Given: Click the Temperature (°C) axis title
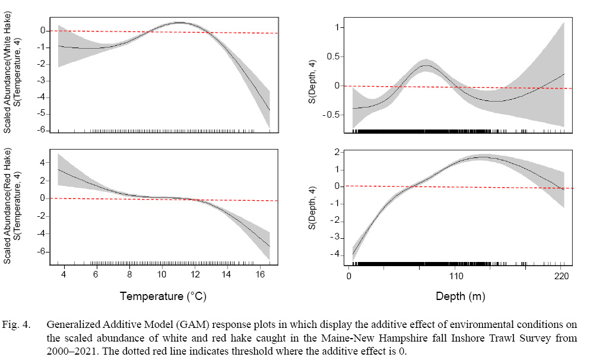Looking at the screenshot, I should coord(163,295).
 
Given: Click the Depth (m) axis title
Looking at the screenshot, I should coord(456,295).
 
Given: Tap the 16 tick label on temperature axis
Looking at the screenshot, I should coord(259,275).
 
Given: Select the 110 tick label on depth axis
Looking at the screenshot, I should coord(456,276).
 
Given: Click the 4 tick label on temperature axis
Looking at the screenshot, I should coord(63,275).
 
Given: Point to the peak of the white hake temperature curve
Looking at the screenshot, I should coord(180,23).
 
